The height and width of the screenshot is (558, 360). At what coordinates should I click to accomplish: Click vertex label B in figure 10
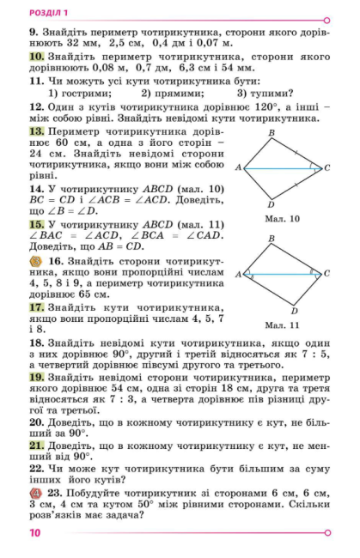(x=271, y=133)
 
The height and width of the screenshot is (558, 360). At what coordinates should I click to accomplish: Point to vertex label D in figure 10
(x=271, y=204)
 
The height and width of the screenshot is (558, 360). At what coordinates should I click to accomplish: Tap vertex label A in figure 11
(x=238, y=275)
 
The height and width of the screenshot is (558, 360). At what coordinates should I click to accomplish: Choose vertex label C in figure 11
(x=326, y=274)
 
